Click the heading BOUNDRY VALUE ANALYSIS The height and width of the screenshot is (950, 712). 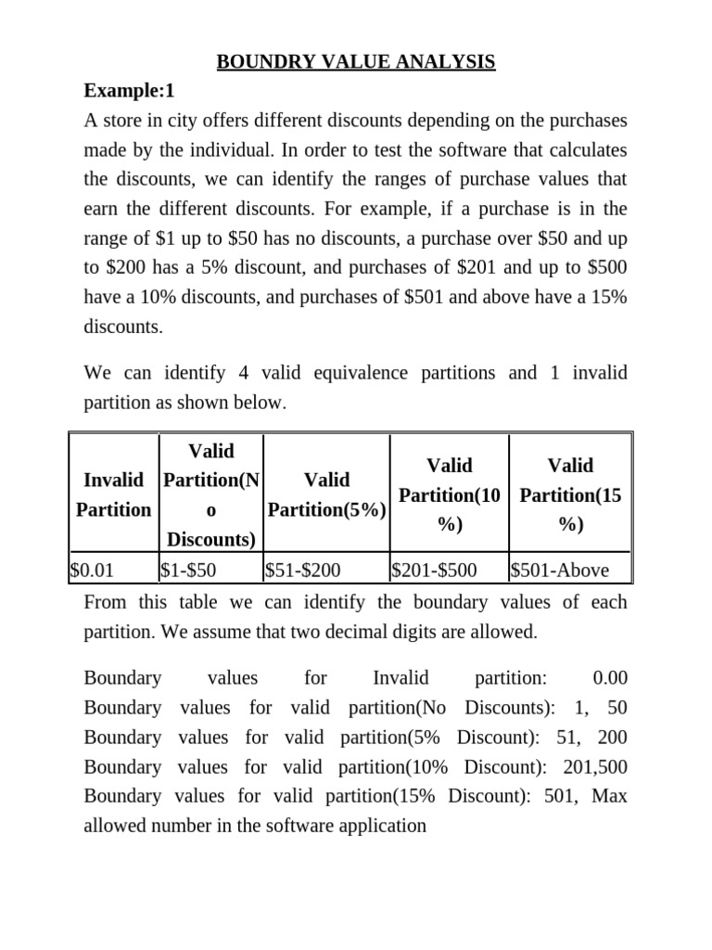pos(356,62)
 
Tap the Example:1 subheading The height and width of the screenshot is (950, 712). pos(129,92)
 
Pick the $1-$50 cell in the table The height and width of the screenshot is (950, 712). pos(190,571)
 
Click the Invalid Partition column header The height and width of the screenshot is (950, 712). pos(114,494)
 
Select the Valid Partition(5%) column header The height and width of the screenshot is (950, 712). pos(326,494)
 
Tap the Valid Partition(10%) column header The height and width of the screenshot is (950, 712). pos(449,494)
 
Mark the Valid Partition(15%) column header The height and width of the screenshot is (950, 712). pos(570,494)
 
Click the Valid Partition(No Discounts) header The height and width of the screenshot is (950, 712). pos(211,494)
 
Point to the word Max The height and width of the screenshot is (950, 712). pos(609,795)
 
